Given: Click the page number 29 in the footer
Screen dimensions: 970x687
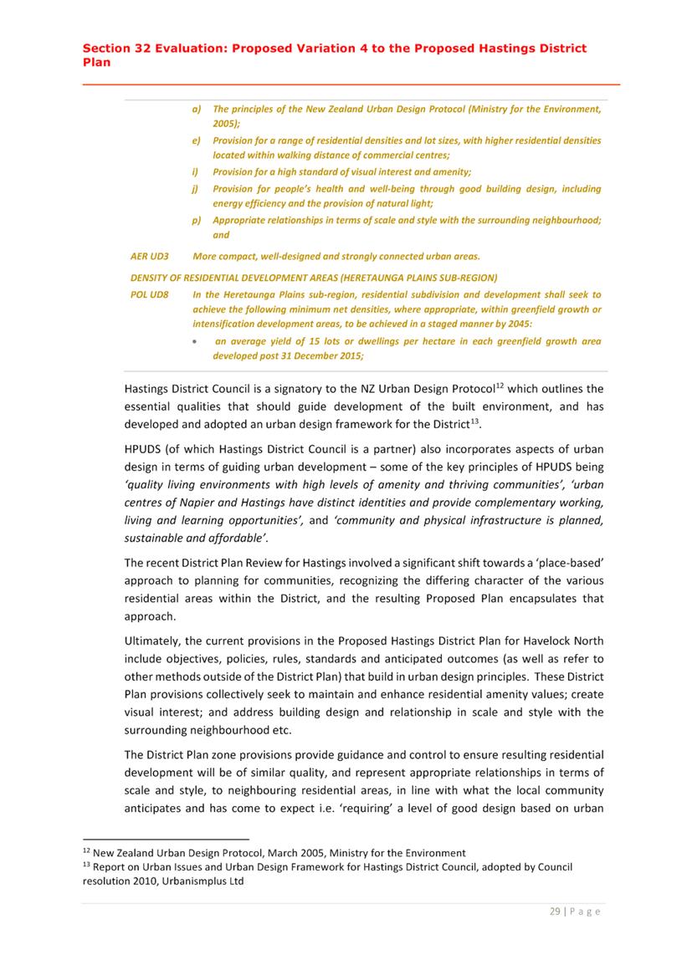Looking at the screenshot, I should pyautogui.click(x=555, y=911).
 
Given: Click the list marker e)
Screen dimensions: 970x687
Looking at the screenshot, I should pyautogui.click(x=195, y=140).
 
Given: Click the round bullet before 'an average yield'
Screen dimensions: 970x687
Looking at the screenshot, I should pyautogui.click(x=195, y=342).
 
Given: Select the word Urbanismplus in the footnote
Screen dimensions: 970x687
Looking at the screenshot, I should pyautogui.click(x=183, y=881).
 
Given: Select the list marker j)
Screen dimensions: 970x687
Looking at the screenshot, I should pyautogui.click(x=195, y=189).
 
